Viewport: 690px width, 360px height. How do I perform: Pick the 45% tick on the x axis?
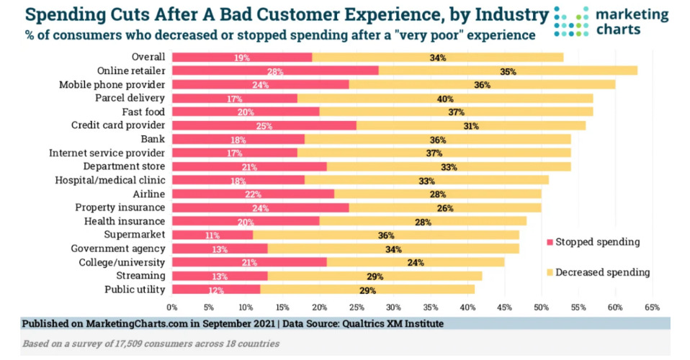tap(505, 307)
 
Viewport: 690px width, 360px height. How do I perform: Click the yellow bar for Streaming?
tap(375, 276)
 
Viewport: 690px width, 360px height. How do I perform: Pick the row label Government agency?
tap(123, 248)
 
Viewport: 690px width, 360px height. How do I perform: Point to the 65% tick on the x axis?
tap(652, 307)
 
